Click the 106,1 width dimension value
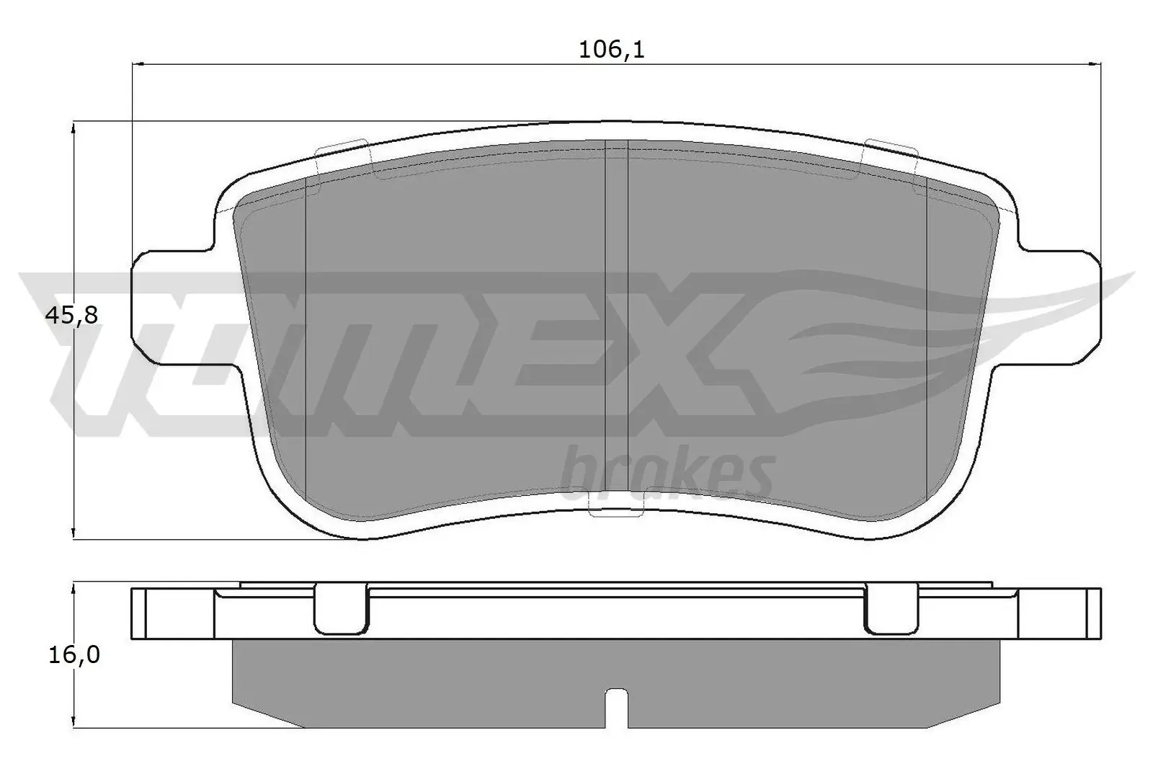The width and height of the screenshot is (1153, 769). pyautogui.click(x=610, y=50)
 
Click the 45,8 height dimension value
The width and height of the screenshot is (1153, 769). pyautogui.click(x=71, y=315)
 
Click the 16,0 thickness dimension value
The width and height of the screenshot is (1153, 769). pyautogui.click(x=71, y=655)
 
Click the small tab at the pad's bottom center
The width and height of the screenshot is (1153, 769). pyautogui.click(x=610, y=507)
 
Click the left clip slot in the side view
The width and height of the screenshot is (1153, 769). pyautogui.click(x=341, y=608)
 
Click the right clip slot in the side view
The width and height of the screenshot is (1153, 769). pyautogui.click(x=891, y=608)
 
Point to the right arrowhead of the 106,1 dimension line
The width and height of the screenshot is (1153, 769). pyautogui.click(x=1096, y=64)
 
